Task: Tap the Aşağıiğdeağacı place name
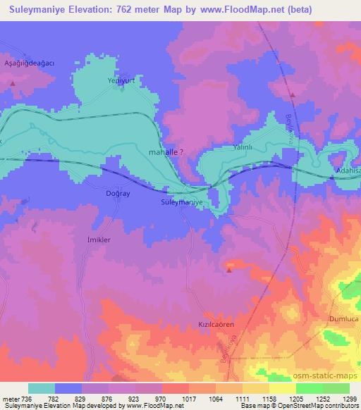click(29, 62)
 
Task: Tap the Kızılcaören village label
click(215, 325)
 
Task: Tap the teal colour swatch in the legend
click(42, 388)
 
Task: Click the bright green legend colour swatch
click(309, 388)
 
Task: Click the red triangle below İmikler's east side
click(228, 269)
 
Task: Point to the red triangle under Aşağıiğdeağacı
click(13, 84)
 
